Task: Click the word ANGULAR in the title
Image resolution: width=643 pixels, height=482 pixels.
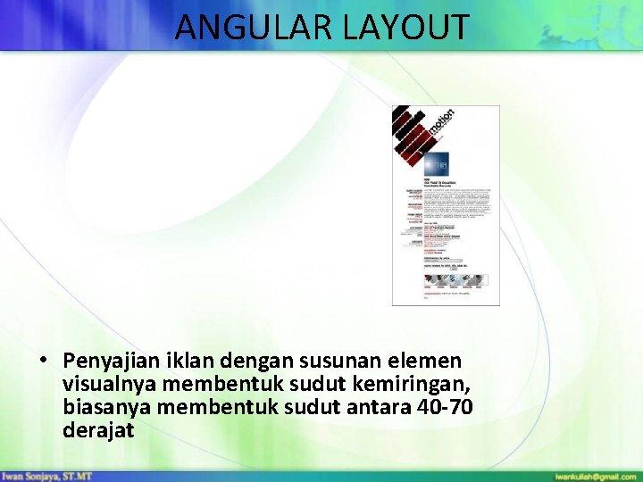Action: coord(253,27)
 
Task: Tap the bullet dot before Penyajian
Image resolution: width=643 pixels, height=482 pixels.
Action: coord(43,361)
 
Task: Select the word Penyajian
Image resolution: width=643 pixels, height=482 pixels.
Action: coord(111,361)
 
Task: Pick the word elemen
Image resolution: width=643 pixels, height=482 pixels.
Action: coord(429,361)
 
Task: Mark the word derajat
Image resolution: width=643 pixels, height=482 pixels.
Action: coord(98,430)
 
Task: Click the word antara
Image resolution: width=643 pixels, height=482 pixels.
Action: coord(362,407)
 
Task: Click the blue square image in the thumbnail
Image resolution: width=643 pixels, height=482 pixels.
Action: coord(437,163)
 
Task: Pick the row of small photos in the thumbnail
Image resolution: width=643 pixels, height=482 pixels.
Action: coord(455,279)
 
